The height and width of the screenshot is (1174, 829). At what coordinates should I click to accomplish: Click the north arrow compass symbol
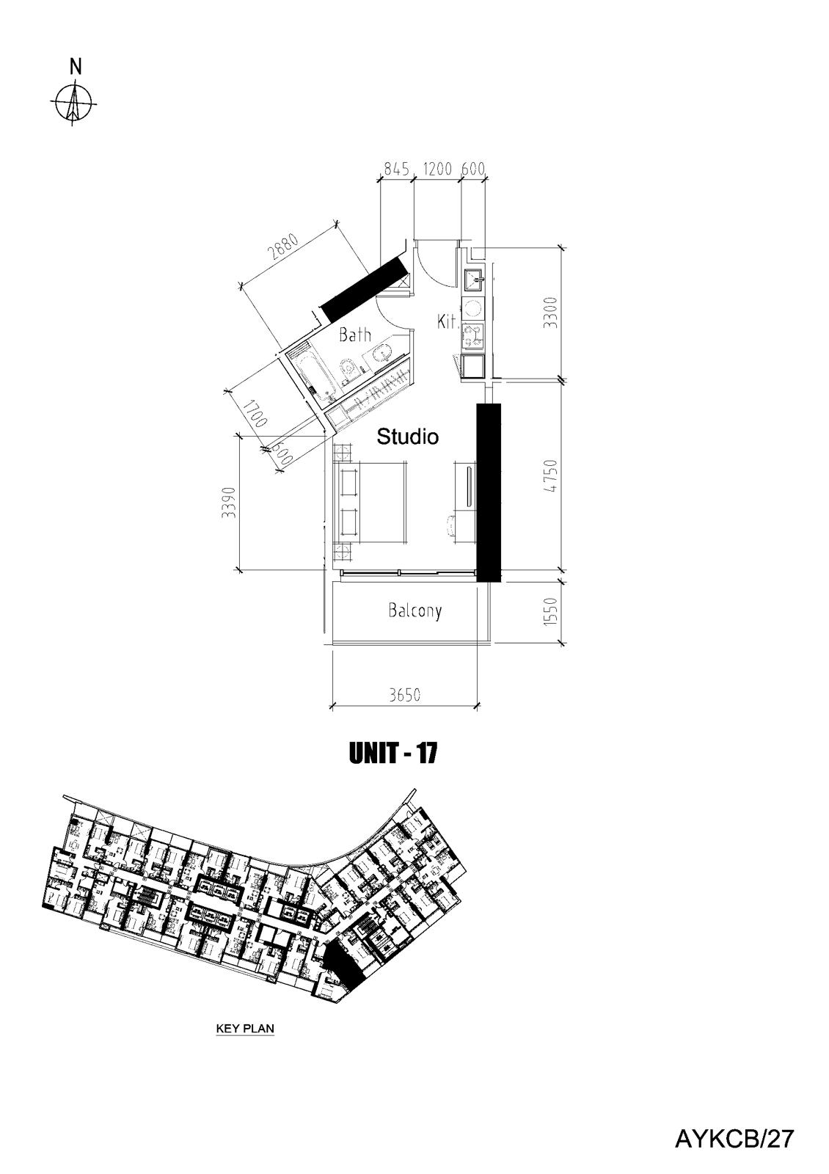(73, 102)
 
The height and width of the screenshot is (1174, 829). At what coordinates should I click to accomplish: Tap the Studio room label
(408, 437)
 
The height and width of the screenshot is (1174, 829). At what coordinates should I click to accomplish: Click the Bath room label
(355, 335)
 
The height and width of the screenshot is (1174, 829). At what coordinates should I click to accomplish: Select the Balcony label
(415, 610)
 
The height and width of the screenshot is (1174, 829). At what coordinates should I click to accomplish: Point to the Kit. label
(448, 321)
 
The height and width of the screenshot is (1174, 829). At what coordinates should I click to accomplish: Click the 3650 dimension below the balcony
(404, 695)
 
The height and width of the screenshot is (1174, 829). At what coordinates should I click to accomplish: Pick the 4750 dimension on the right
(550, 476)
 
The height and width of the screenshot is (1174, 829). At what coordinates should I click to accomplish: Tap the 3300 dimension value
(550, 313)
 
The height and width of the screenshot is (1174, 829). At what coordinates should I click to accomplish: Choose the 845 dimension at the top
(396, 169)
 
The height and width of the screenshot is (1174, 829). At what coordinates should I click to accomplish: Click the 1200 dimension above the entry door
(437, 169)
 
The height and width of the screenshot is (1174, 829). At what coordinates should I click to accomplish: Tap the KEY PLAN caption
(245, 1028)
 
